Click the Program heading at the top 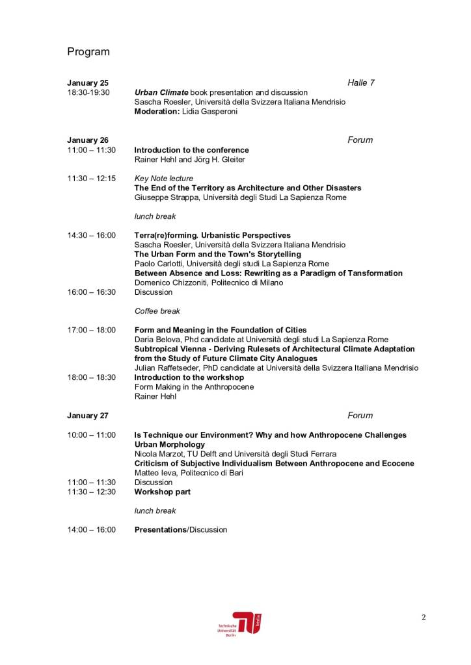[88, 52]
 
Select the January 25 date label [88, 83]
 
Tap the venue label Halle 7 [361, 83]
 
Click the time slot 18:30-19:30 [88, 93]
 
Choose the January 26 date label [88, 140]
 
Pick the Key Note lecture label [163, 179]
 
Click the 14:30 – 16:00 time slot [92, 235]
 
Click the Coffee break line [157, 311]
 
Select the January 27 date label [88, 416]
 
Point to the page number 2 [424, 618]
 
